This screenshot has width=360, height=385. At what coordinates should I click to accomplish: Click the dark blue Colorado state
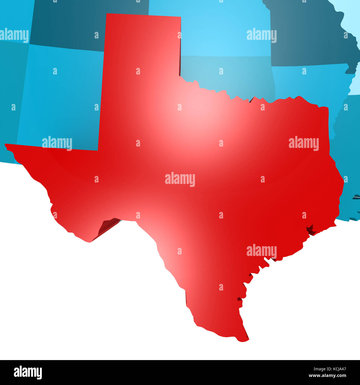[83, 22]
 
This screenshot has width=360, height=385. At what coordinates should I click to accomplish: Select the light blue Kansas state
[210, 28]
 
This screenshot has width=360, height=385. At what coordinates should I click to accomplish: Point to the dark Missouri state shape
[310, 36]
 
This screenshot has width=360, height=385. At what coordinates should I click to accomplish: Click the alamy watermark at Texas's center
[180, 179]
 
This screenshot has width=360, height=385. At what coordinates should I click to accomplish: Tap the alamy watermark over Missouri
[261, 35]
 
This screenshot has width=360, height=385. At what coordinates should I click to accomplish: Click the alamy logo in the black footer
[28, 372]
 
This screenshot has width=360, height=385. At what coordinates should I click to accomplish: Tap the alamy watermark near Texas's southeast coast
[261, 251]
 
